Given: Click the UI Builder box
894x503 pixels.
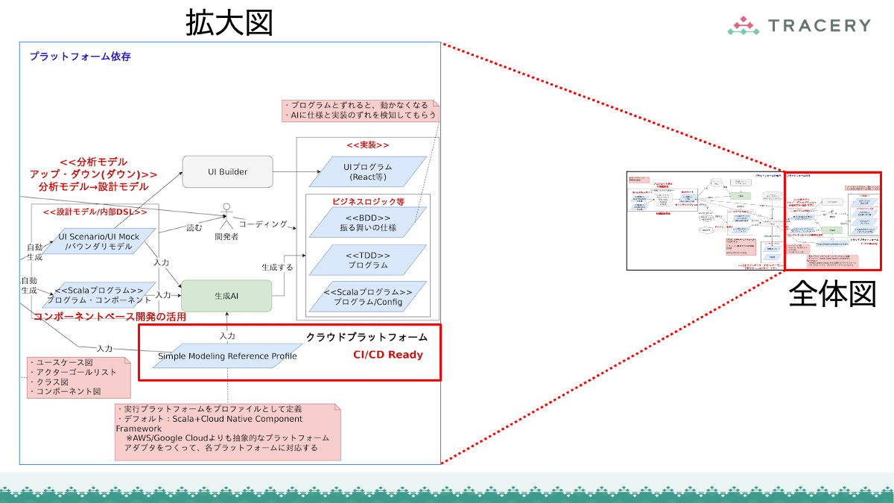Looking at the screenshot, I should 228,172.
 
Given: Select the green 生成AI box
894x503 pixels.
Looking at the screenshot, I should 226,296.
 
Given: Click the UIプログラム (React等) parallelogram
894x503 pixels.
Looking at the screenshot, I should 367,171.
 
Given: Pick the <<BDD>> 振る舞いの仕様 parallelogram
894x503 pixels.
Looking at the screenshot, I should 367,221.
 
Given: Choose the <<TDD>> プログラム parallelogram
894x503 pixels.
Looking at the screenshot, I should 367,259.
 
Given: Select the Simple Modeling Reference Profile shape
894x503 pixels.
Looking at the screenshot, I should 227,356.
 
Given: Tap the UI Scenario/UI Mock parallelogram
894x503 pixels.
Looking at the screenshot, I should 99,241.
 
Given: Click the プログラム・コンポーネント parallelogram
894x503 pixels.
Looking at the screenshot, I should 99,295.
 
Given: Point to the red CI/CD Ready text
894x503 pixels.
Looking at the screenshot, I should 387,355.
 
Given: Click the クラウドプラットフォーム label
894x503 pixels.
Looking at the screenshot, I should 367,337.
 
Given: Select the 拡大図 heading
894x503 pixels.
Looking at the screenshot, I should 229,24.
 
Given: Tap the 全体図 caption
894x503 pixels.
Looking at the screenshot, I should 832,294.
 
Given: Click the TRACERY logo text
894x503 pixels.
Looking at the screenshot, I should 817,25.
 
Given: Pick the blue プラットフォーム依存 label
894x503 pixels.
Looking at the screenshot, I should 80,57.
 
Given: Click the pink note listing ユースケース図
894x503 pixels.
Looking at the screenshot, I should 79,377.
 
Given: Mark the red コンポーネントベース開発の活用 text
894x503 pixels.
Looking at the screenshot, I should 110,317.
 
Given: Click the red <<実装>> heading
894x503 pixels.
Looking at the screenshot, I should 367,145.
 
